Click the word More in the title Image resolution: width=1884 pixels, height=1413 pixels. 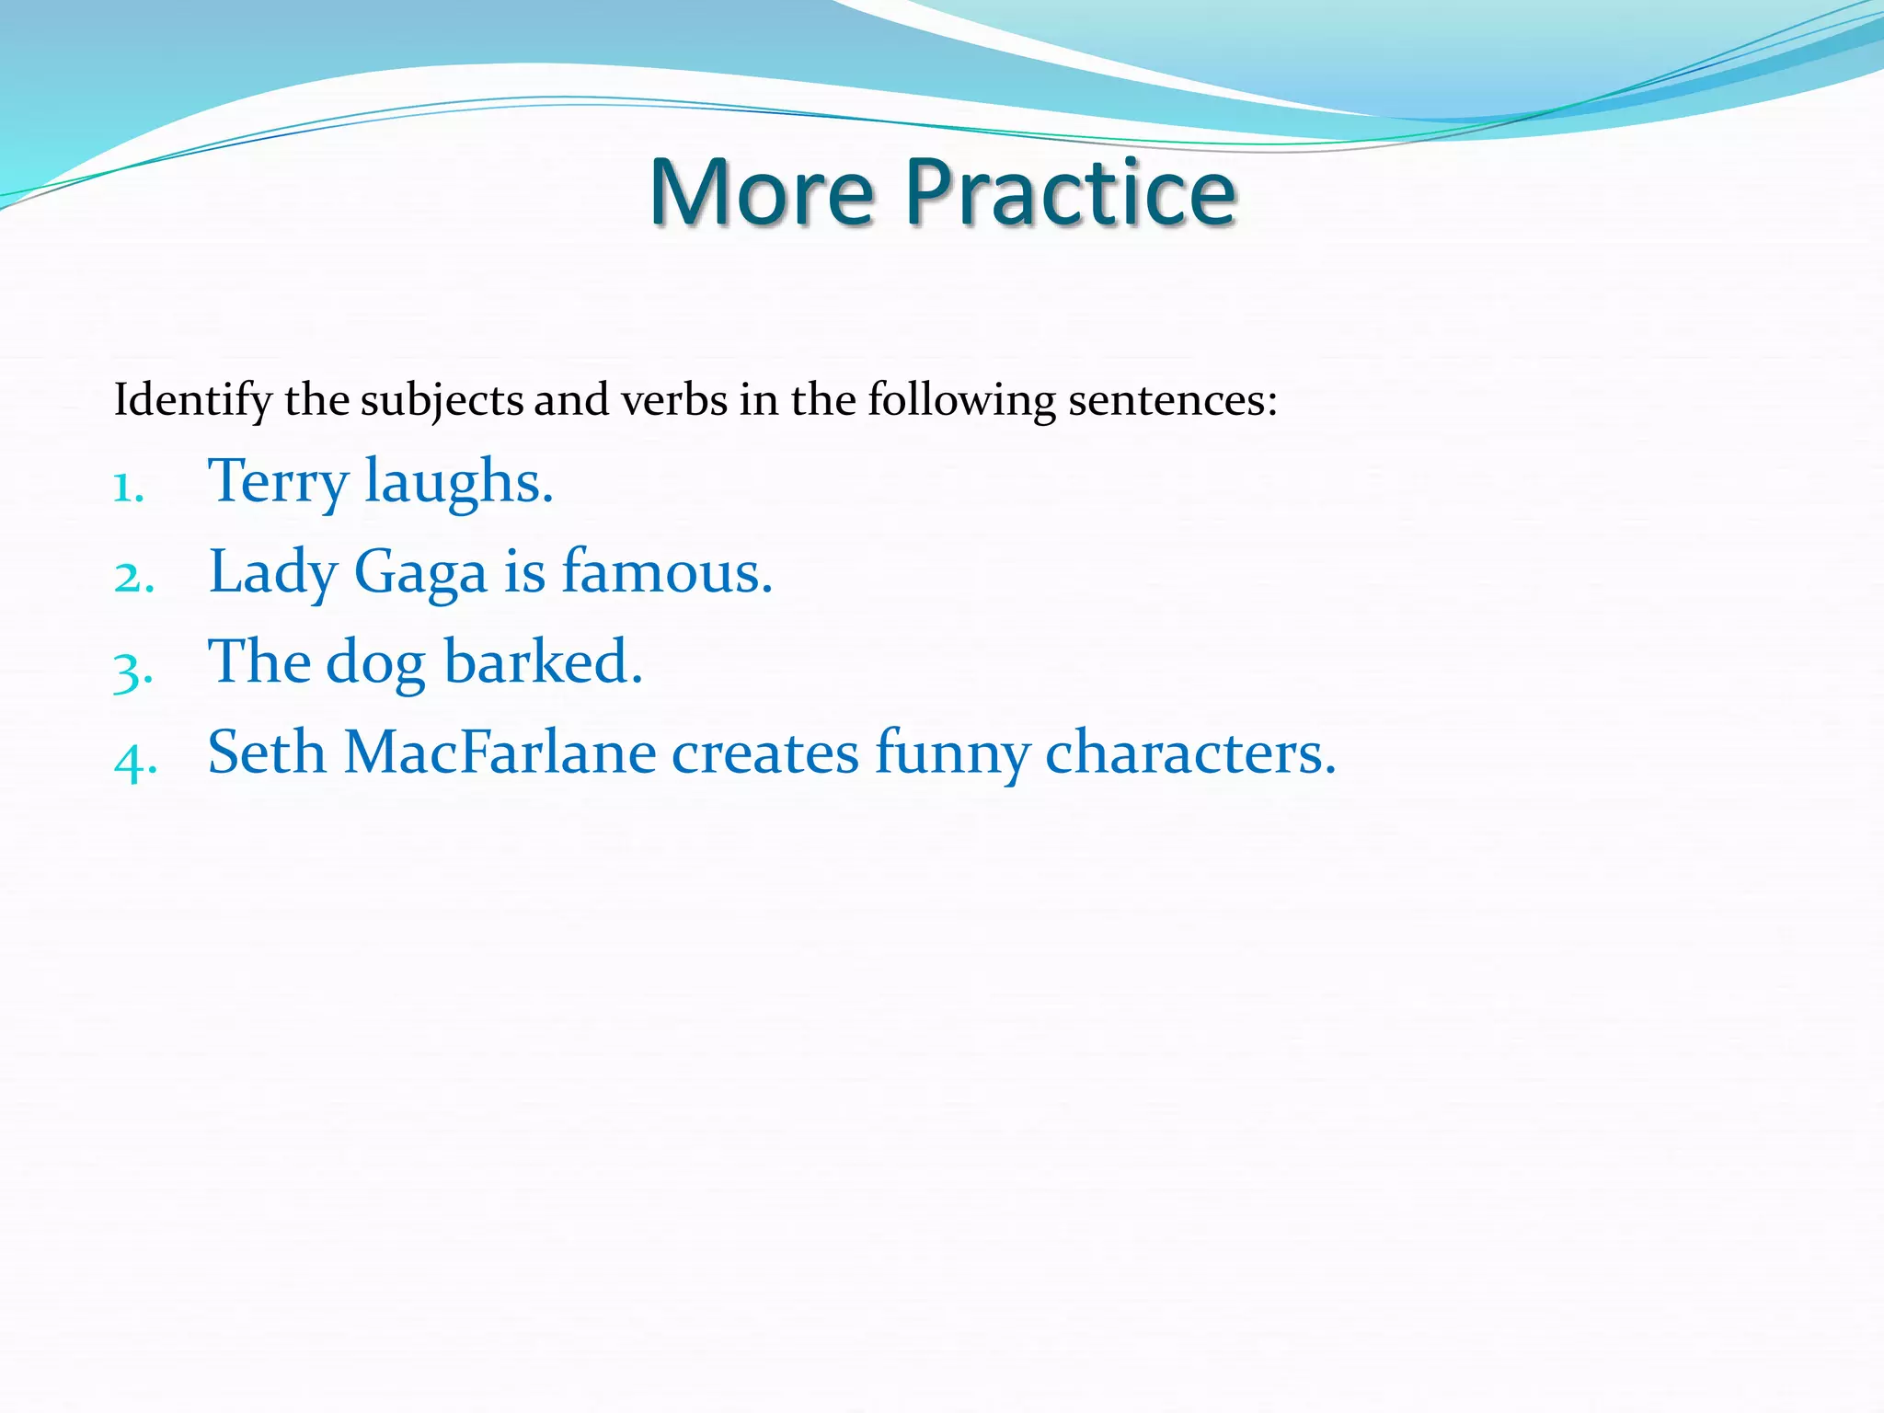[x=762, y=192]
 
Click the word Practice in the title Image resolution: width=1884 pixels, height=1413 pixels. [x=1071, y=192]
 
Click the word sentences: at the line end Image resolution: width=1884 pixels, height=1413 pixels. [x=1172, y=399]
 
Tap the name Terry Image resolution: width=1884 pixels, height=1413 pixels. [x=279, y=482]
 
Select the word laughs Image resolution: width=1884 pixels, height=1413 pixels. [x=459, y=482]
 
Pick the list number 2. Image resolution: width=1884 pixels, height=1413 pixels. [x=132, y=579]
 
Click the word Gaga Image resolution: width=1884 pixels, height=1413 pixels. [x=420, y=573]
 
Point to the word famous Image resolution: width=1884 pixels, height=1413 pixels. [x=667, y=571]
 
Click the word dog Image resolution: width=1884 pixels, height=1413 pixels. [x=375, y=663]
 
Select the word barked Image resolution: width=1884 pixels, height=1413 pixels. [x=543, y=661]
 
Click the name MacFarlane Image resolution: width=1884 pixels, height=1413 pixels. [x=500, y=752]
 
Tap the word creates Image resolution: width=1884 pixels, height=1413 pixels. [x=765, y=753]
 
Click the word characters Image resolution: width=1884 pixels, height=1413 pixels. [x=1189, y=753]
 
